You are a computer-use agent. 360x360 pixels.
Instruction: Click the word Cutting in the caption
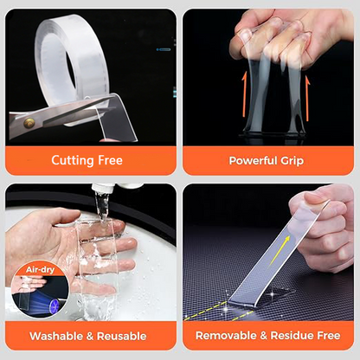click(74, 160)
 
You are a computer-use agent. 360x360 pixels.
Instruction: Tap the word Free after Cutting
click(111, 160)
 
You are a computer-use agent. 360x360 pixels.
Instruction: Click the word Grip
click(292, 161)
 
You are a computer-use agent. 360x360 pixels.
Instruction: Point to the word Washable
click(56, 336)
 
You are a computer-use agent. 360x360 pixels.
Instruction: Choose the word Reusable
click(121, 336)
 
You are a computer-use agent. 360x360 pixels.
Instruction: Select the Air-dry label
click(40, 270)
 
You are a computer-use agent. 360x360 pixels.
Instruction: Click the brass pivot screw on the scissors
click(29, 123)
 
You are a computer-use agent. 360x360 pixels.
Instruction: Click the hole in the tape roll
click(71, 72)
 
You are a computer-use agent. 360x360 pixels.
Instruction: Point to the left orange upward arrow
click(245, 94)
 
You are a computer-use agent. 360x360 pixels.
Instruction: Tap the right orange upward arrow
click(307, 99)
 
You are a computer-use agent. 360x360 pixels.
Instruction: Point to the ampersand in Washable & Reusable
click(90, 337)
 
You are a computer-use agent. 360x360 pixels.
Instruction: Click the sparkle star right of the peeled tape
click(272, 294)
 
